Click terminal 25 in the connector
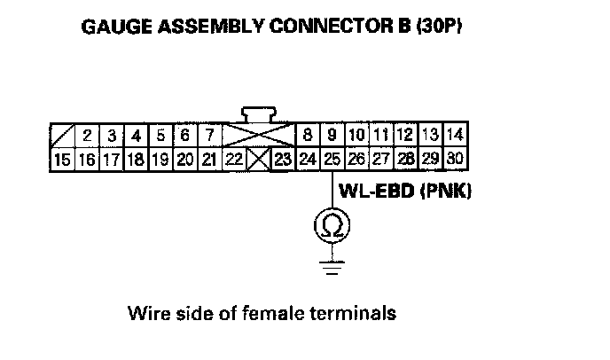[x=332, y=160]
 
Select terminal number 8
[x=308, y=136]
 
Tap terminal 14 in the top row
[x=456, y=136]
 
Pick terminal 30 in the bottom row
[x=456, y=160]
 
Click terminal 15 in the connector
[x=62, y=160]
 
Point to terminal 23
[x=282, y=160]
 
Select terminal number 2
[x=88, y=136]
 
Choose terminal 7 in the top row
[x=209, y=136]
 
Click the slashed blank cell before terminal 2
[x=62, y=136]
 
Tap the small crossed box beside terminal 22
[x=259, y=160]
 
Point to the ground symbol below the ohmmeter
[x=331, y=265]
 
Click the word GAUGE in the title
[x=113, y=27]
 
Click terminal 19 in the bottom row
[x=160, y=160]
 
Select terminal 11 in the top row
[x=381, y=136]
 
